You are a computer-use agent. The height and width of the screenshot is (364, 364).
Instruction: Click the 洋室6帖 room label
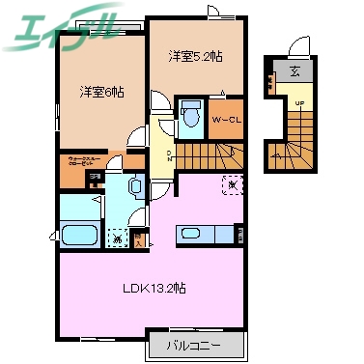101,93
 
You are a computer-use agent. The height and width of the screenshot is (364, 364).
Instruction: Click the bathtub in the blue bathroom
74,235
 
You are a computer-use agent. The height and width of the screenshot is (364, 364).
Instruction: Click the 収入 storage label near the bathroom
140,236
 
